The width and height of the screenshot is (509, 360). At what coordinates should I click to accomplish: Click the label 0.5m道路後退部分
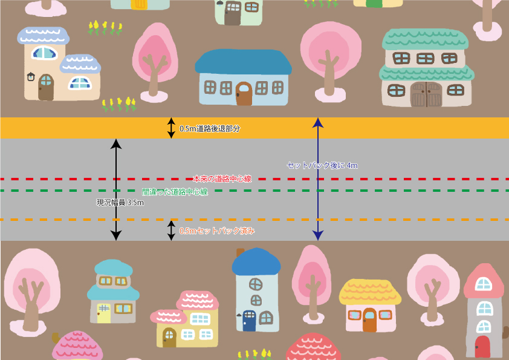(210, 129)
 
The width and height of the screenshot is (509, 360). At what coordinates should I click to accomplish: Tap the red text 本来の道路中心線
(222, 179)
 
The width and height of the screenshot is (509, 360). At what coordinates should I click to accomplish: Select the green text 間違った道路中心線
(175, 192)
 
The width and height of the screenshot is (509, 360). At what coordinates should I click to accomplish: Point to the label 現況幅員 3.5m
(120, 203)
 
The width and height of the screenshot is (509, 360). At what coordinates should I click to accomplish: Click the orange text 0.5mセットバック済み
(217, 231)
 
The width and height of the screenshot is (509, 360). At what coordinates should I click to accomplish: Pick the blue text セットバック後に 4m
(322, 165)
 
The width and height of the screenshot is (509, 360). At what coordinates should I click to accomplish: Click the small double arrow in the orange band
(171, 128)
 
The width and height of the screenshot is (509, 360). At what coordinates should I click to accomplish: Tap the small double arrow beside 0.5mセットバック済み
(171, 231)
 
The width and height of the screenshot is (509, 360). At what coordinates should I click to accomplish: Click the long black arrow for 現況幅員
(116, 189)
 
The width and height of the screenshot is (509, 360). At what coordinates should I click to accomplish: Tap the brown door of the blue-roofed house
(244, 94)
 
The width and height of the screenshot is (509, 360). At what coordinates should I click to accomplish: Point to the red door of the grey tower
(482, 347)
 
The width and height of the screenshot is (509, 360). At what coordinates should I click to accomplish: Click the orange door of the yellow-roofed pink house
(369, 320)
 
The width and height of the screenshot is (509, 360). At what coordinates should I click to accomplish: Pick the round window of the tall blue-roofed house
(256, 283)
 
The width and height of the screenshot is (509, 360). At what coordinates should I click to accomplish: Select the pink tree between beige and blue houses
(154, 61)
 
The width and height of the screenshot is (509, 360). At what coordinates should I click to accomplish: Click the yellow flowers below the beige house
(119, 105)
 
